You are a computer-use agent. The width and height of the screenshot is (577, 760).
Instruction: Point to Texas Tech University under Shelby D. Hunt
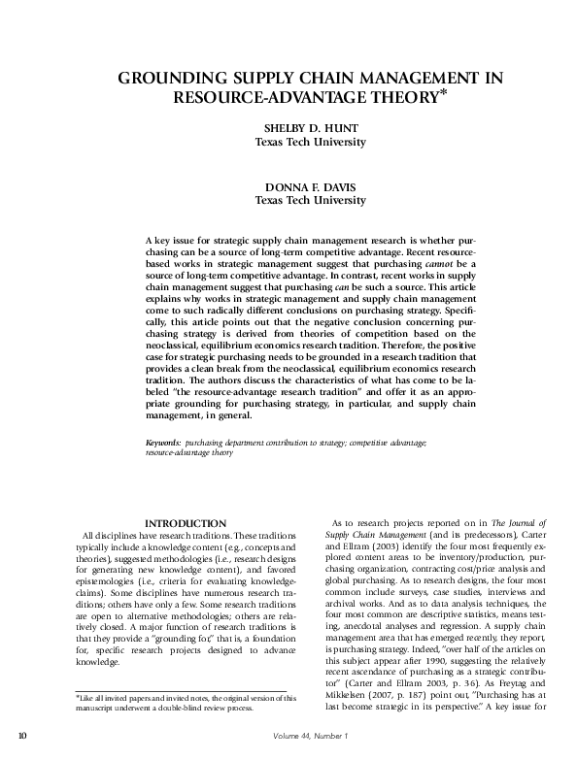click(x=310, y=142)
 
